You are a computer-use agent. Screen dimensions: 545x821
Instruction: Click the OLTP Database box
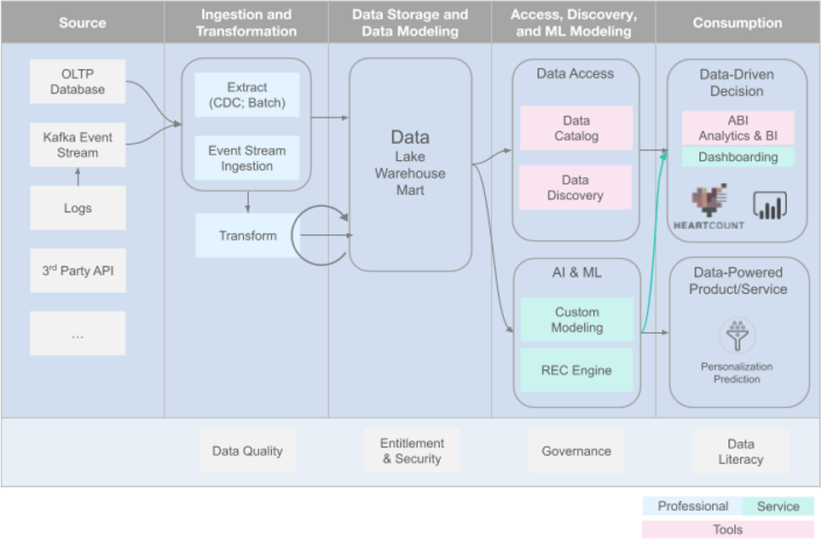click(x=78, y=82)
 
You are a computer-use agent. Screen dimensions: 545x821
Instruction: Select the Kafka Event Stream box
click(x=78, y=146)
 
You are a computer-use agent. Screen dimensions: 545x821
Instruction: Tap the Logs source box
click(x=78, y=208)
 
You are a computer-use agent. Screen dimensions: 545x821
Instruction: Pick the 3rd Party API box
click(x=78, y=271)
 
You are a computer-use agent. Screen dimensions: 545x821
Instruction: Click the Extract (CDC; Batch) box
click(x=247, y=95)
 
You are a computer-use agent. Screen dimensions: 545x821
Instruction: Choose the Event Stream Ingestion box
click(x=247, y=158)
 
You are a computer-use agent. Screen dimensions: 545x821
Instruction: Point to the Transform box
click(x=247, y=236)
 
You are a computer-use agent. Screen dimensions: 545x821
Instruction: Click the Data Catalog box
click(x=576, y=129)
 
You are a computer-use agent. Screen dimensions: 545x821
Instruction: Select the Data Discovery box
click(x=576, y=187)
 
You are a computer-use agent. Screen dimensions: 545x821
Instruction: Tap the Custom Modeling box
click(x=577, y=320)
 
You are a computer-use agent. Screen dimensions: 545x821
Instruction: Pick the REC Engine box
click(x=577, y=370)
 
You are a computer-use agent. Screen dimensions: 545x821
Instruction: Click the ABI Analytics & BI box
click(x=738, y=128)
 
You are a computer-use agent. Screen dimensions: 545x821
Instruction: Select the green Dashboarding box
click(x=738, y=157)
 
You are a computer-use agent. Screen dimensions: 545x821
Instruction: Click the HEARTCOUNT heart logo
click(x=710, y=201)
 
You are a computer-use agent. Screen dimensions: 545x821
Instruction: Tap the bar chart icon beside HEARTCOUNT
click(x=769, y=204)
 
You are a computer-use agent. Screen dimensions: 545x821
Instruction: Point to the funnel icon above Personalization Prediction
click(x=737, y=336)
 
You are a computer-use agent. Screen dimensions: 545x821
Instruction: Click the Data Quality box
click(x=247, y=451)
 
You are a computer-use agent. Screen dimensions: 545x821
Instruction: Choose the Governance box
click(x=576, y=451)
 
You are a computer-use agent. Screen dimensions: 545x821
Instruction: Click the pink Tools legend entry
click(x=728, y=530)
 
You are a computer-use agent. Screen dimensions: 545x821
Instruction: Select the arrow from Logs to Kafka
click(x=78, y=176)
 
